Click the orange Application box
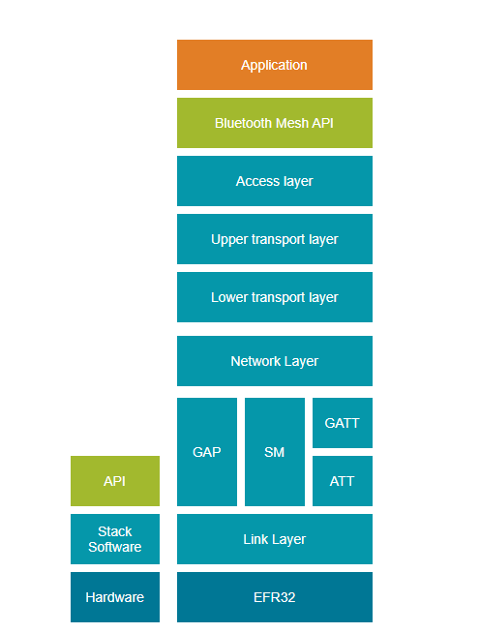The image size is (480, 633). coord(274,65)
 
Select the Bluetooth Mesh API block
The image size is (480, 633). coord(274,123)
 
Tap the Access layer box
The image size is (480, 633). coord(274,181)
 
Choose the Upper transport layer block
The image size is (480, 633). coord(274,239)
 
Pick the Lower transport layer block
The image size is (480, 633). coord(274,297)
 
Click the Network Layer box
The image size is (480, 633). coord(274,361)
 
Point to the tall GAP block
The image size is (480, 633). coord(207,452)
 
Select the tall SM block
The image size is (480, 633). coord(274,452)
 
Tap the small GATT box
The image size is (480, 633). coord(342,423)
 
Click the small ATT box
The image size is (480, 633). coord(342,481)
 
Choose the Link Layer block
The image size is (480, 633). coord(274,539)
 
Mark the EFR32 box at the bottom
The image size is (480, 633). coord(274,597)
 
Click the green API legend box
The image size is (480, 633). coord(115,481)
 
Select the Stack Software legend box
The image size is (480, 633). coord(115,539)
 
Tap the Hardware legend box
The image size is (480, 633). coord(115,597)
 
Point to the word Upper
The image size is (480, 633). coord(229,239)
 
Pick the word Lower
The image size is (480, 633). coord(229,297)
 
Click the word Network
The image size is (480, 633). coord(254,361)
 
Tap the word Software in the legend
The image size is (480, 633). coord(115,547)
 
